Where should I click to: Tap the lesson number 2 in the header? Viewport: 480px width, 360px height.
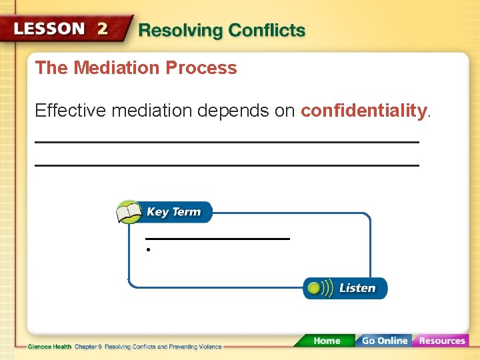(x=103, y=29)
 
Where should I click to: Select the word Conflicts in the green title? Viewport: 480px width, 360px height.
(x=266, y=31)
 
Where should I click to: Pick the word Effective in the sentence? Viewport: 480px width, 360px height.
(x=71, y=111)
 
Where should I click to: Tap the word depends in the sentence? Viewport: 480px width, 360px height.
(x=233, y=111)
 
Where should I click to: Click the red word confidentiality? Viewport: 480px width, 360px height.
(x=363, y=111)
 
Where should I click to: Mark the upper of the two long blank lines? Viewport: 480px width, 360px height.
(x=227, y=142)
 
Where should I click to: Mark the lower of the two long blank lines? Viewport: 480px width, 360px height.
(x=227, y=165)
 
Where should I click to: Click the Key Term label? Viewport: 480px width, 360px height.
(x=173, y=212)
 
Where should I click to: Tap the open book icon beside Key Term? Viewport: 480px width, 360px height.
(x=129, y=213)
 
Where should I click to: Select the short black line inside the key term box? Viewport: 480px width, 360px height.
(x=217, y=238)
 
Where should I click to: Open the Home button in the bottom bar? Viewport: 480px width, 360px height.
(x=326, y=341)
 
